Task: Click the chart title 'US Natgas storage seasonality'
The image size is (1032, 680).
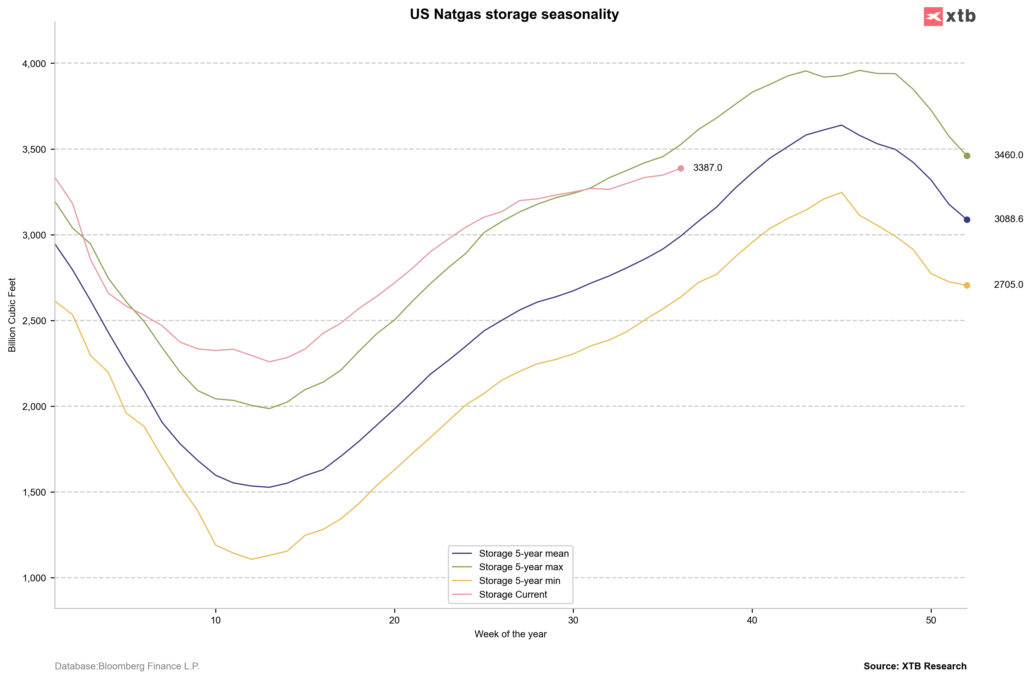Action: (514, 15)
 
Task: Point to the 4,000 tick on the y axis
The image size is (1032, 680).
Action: (34, 64)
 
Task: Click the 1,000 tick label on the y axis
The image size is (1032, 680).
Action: (34, 579)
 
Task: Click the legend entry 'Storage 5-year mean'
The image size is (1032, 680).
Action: (524, 554)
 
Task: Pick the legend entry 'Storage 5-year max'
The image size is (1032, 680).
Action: (520, 567)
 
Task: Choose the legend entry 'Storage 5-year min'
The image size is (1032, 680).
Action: (519, 581)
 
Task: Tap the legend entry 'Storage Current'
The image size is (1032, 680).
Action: (513, 595)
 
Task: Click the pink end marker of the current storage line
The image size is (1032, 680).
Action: (681, 168)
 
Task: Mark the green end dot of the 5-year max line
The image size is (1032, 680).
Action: (967, 156)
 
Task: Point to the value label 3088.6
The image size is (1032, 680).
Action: (1008, 219)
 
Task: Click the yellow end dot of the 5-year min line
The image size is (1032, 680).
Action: (967, 285)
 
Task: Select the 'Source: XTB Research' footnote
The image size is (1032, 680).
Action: (915, 667)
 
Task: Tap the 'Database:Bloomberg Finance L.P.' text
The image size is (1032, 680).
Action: (127, 667)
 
